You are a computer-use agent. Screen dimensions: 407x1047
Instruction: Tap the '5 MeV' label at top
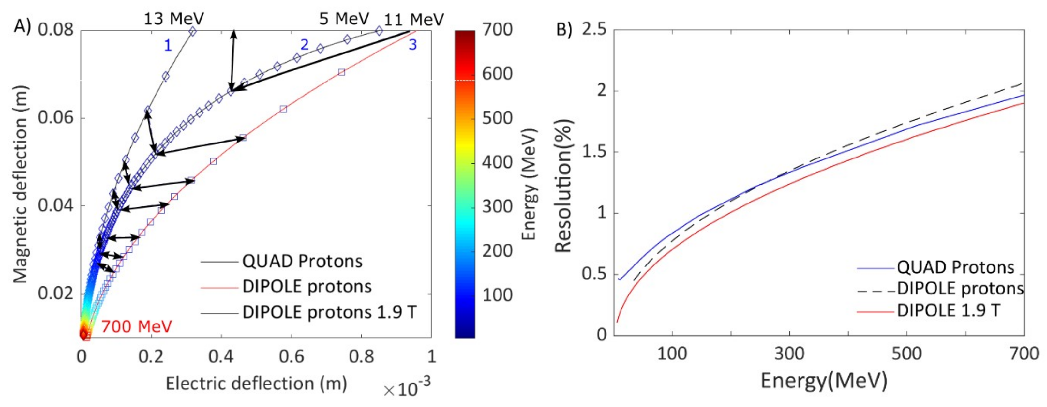(344, 19)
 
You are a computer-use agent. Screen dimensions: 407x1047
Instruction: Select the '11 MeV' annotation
(414, 20)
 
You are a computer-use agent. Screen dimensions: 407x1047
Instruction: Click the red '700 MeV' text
(137, 326)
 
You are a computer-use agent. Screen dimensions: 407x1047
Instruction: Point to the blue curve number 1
(168, 46)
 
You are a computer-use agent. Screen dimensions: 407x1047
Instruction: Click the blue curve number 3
(412, 44)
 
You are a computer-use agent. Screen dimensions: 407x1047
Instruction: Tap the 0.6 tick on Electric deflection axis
(292, 356)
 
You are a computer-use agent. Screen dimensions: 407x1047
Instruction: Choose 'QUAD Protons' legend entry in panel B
(955, 267)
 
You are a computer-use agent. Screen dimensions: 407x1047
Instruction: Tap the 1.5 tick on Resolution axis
(595, 152)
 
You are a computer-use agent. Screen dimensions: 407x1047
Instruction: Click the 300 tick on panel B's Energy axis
(789, 354)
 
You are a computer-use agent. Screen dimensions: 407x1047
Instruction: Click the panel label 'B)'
(564, 30)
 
